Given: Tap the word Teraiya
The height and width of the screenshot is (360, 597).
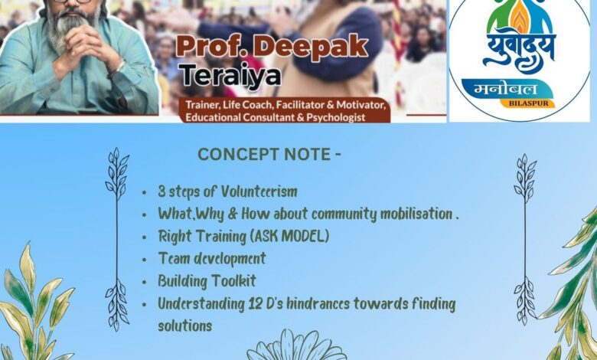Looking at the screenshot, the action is tap(230, 75).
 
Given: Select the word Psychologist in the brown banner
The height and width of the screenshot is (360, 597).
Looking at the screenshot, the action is tap(336, 117).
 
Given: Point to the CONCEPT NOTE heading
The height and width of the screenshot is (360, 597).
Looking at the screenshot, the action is tap(269, 155).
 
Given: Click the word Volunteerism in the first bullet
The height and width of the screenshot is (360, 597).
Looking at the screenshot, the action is tap(259, 191).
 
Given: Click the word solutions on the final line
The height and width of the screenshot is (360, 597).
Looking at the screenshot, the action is tap(185, 326).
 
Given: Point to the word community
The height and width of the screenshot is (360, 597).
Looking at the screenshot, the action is tap(344, 214).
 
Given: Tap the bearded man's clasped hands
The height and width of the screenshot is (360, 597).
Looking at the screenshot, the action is tap(84, 43).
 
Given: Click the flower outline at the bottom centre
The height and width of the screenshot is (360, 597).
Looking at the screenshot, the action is tap(297, 345).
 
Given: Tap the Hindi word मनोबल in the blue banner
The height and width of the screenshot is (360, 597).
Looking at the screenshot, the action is tap(506, 89).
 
